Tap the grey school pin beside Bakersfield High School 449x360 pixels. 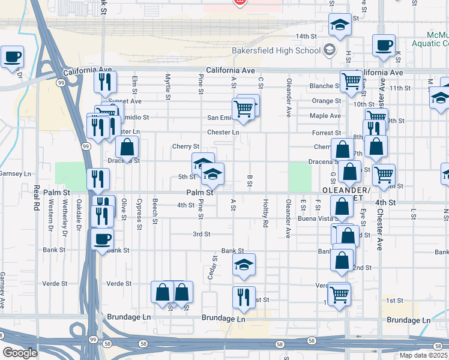click(329, 50)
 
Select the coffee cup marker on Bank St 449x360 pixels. click(102, 240)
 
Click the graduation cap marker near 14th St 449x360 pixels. click(340, 25)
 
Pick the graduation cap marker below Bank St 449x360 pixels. click(244, 265)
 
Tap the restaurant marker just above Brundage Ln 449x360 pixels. click(243, 298)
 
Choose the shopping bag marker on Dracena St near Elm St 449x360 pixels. click(127, 147)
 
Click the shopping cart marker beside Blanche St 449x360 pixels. click(351, 80)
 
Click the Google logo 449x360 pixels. click(20, 353)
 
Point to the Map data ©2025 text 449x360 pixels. click(423, 355)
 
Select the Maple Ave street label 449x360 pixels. click(325, 116)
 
